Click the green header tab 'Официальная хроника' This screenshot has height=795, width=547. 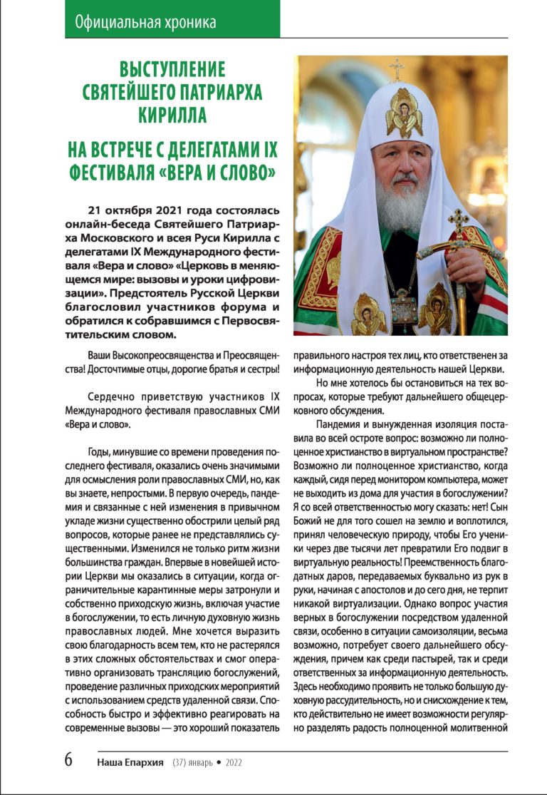coord(145,22)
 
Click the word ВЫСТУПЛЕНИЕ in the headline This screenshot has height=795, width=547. coord(172,71)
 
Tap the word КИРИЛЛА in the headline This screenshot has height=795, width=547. coord(172,116)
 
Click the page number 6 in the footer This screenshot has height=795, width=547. coord(68,759)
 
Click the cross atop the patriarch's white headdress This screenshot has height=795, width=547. coord(396,69)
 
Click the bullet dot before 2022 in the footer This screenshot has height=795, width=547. coord(219,761)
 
